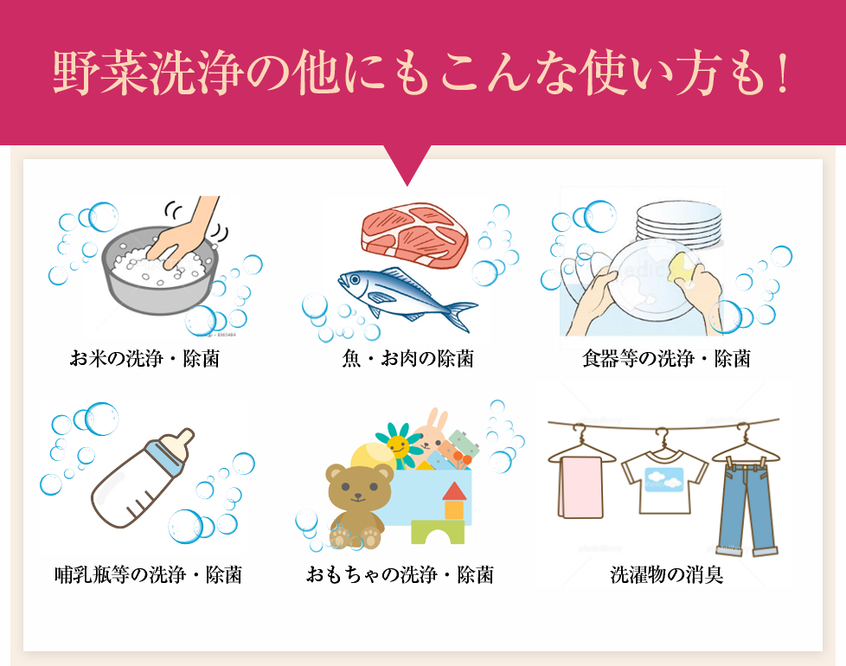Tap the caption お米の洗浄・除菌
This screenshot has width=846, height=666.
[x=144, y=358]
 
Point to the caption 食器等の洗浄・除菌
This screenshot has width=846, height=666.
[x=666, y=358]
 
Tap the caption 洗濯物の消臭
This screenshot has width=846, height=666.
[x=666, y=574]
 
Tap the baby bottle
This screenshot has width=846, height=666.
[x=143, y=480]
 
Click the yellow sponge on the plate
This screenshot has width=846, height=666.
[x=685, y=267]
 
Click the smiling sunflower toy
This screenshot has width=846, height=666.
[x=400, y=445]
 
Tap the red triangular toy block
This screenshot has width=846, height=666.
[x=454, y=491]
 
